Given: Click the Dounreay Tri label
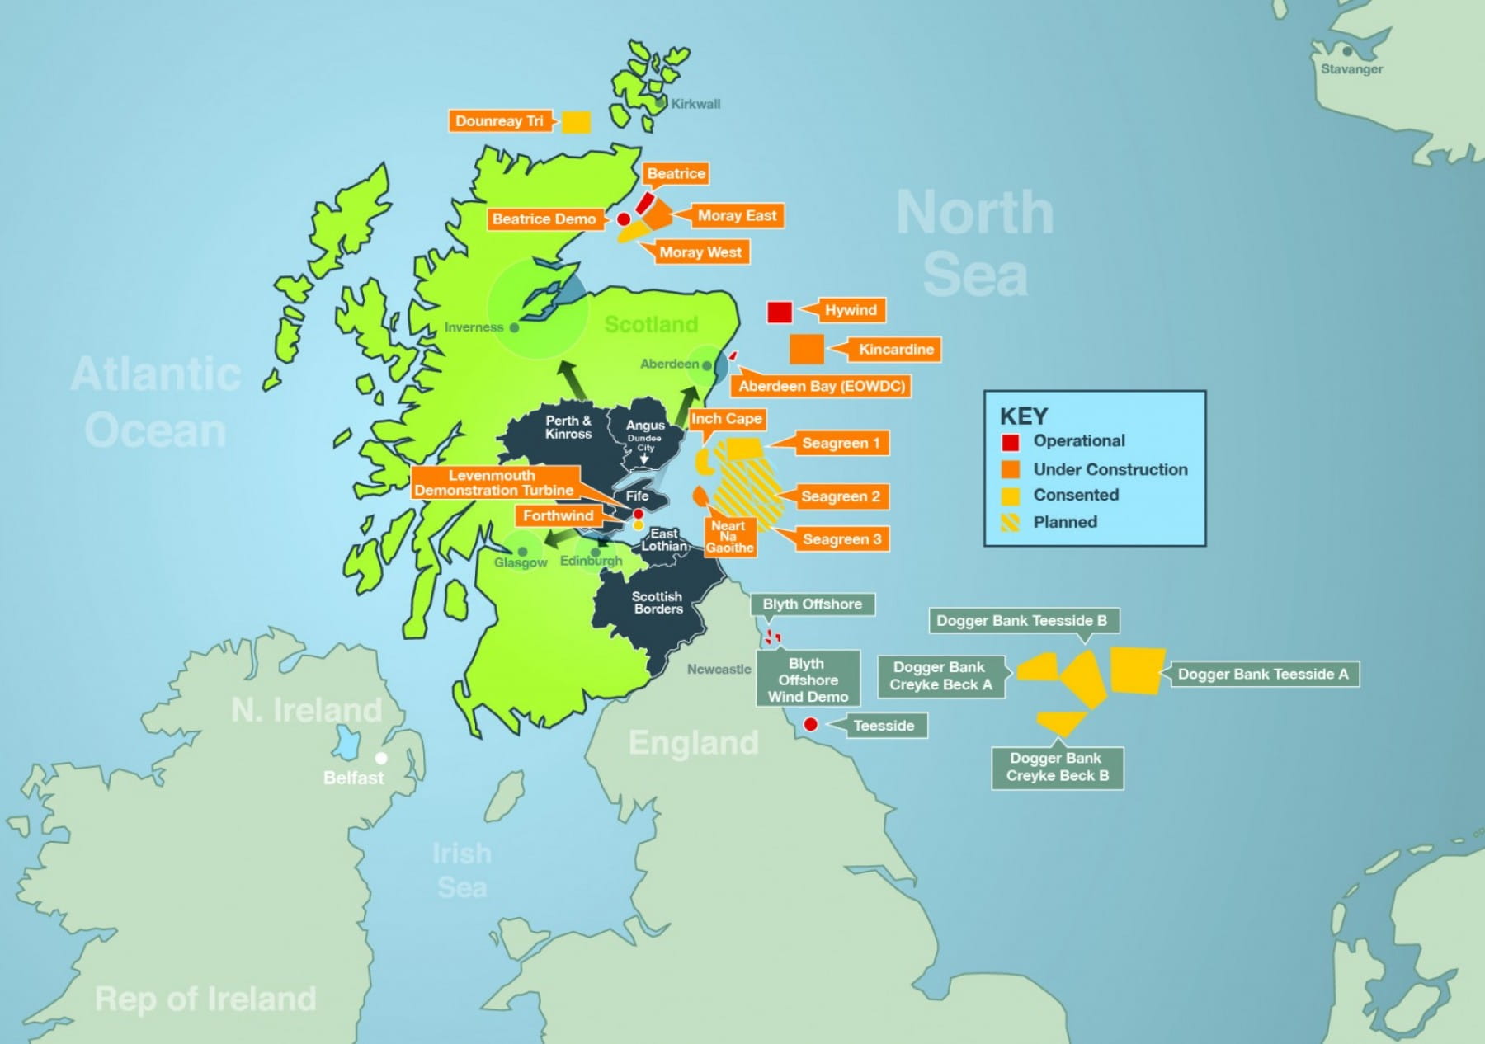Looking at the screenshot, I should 499,121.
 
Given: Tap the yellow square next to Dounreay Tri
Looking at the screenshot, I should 576,122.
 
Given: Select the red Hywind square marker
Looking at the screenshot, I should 780,312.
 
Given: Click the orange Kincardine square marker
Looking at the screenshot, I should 806,349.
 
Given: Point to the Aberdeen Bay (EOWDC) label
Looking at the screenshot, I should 822,386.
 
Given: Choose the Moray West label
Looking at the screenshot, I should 700,252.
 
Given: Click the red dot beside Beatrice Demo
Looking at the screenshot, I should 624,219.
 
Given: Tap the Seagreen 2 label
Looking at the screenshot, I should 840,496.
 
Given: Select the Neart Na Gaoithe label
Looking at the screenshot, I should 729,537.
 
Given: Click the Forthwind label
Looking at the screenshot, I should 558,516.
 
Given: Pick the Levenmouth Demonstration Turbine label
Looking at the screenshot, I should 494,482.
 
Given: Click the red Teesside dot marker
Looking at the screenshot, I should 811,724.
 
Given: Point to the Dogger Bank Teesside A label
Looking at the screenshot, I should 1262,675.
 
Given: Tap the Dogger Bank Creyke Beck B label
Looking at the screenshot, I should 1057,767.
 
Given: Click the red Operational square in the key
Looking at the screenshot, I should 1010,442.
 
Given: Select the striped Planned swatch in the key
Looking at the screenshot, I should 1010,522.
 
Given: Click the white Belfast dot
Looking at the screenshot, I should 381,757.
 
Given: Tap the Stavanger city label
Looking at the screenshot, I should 1351,69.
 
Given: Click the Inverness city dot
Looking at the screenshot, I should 515,327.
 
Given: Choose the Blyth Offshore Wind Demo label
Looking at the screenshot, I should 808,680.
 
